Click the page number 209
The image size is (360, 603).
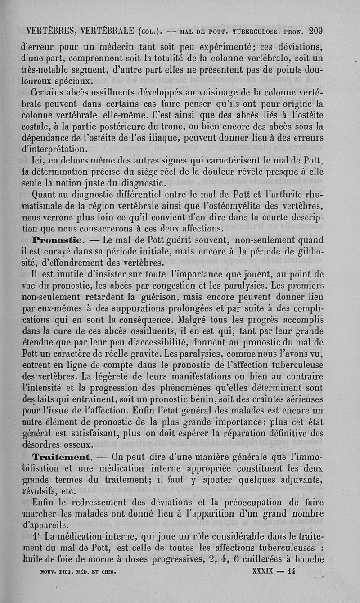315,31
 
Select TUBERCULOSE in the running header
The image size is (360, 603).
257,32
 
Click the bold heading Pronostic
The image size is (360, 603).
56,239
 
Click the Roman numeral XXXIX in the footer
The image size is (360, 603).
261,571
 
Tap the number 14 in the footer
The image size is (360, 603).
293,571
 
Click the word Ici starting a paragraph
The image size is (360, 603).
37,160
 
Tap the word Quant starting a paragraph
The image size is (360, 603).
44,195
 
